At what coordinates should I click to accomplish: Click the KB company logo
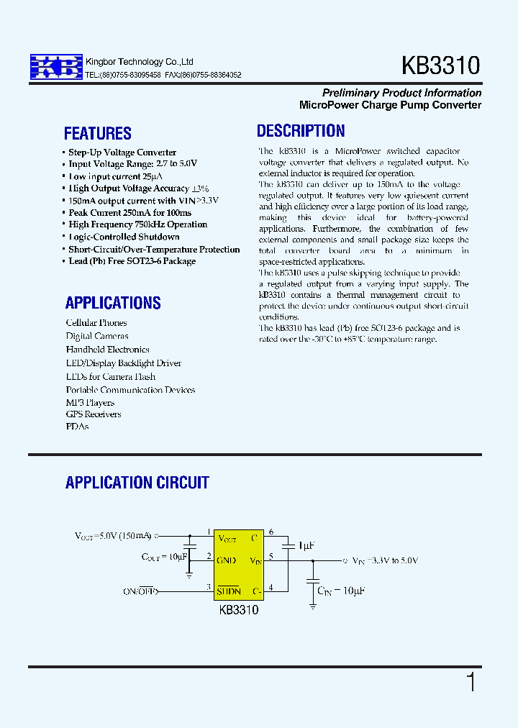(55, 67)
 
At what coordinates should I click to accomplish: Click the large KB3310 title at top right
(440, 66)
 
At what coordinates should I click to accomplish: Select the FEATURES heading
(97, 133)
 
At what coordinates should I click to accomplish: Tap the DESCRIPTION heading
(301, 131)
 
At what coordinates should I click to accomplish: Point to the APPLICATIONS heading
(113, 303)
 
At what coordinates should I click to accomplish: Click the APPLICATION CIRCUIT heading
(137, 483)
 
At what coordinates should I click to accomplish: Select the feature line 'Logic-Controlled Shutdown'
(123, 237)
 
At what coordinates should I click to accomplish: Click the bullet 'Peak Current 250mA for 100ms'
(129, 213)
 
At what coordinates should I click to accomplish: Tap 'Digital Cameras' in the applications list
(97, 336)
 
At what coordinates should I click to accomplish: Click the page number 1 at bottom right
(471, 682)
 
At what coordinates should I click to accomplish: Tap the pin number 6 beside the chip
(271, 532)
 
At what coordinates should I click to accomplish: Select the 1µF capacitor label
(306, 546)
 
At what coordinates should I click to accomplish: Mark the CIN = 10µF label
(341, 590)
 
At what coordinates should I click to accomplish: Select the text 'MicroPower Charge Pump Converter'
(390, 105)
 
